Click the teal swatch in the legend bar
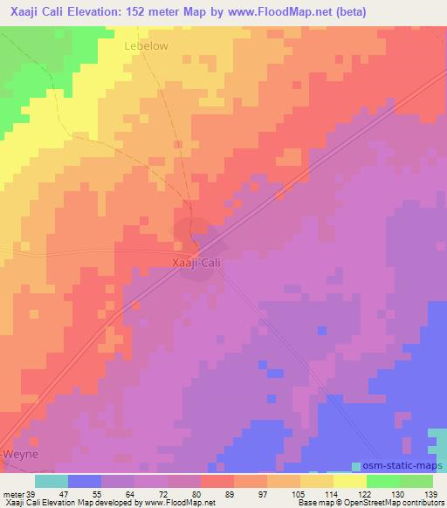point(51,481)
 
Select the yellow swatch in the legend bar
point(349,481)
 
